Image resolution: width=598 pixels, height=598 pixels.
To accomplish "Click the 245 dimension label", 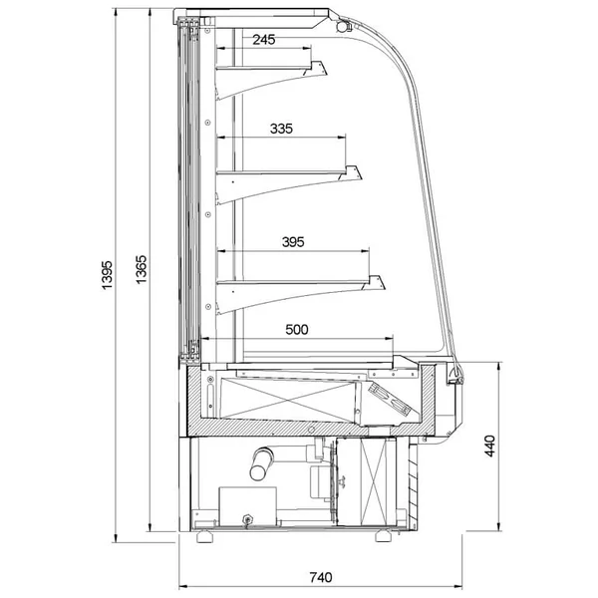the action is (263, 39).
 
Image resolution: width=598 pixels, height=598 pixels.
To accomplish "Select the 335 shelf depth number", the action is (281, 129).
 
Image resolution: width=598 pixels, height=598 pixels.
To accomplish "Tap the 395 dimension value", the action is (293, 242).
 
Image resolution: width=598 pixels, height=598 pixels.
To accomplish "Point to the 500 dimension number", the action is (297, 330).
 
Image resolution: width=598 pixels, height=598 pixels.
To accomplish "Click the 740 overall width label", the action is (320, 577).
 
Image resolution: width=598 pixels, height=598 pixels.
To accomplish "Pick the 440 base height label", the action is (489, 446).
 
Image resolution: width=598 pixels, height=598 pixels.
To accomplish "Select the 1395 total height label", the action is (108, 275).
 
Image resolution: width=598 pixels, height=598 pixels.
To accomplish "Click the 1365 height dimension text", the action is (142, 270).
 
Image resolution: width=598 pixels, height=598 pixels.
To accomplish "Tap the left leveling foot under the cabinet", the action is (204, 536).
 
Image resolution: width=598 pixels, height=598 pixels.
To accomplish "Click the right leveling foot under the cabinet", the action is (384, 536).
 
